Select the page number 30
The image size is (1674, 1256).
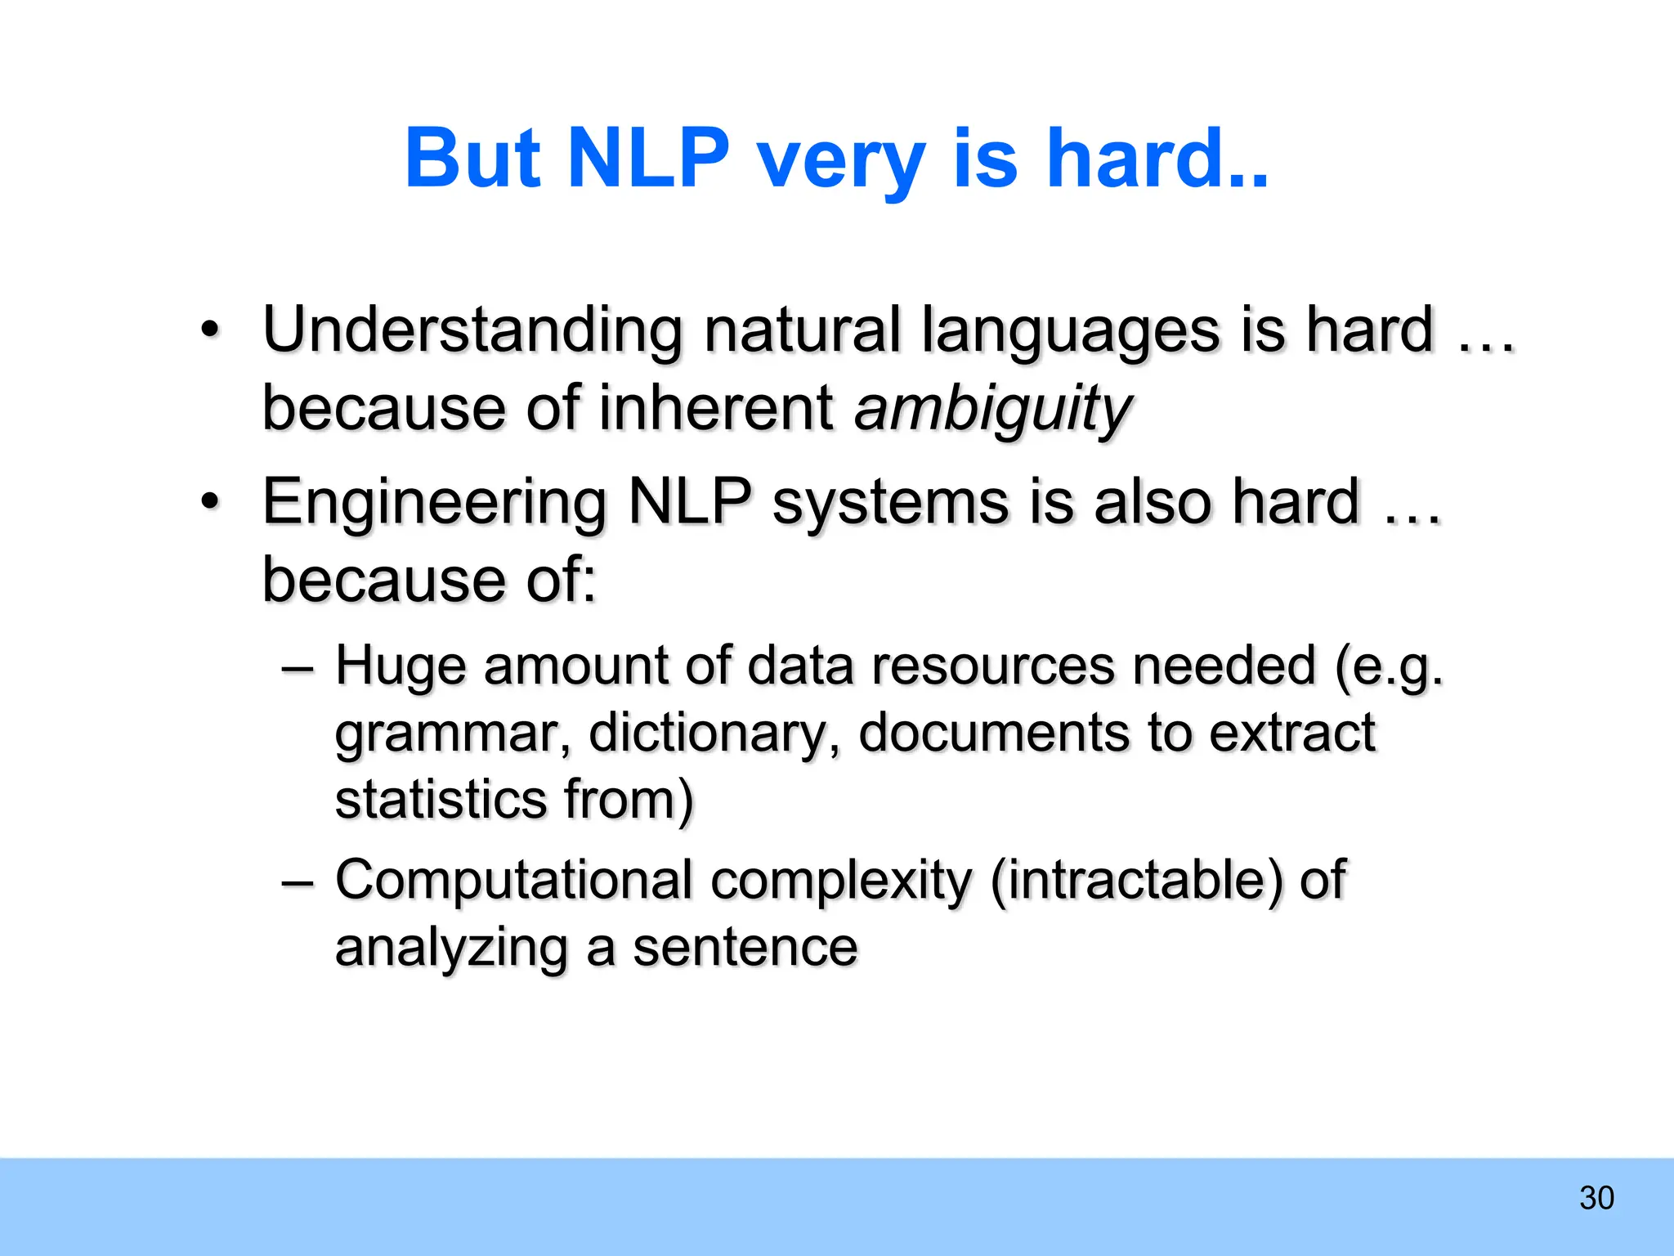click(x=1596, y=1198)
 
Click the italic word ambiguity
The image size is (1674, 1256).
click(x=992, y=409)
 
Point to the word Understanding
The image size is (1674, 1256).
click(x=472, y=331)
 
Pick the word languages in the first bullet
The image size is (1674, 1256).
click(x=1070, y=331)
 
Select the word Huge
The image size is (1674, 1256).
click(x=399, y=666)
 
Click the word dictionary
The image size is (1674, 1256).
click(x=713, y=733)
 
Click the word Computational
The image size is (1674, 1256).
click(x=514, y=881)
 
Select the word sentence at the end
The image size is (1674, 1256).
click(x=745, y=948)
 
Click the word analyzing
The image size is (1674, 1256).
click(x=451, y=949)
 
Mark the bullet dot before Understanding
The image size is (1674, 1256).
click(x=210, y=332)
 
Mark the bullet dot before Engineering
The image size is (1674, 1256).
click(x=210, y=504)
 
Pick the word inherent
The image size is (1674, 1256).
click(x=716, y=409)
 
